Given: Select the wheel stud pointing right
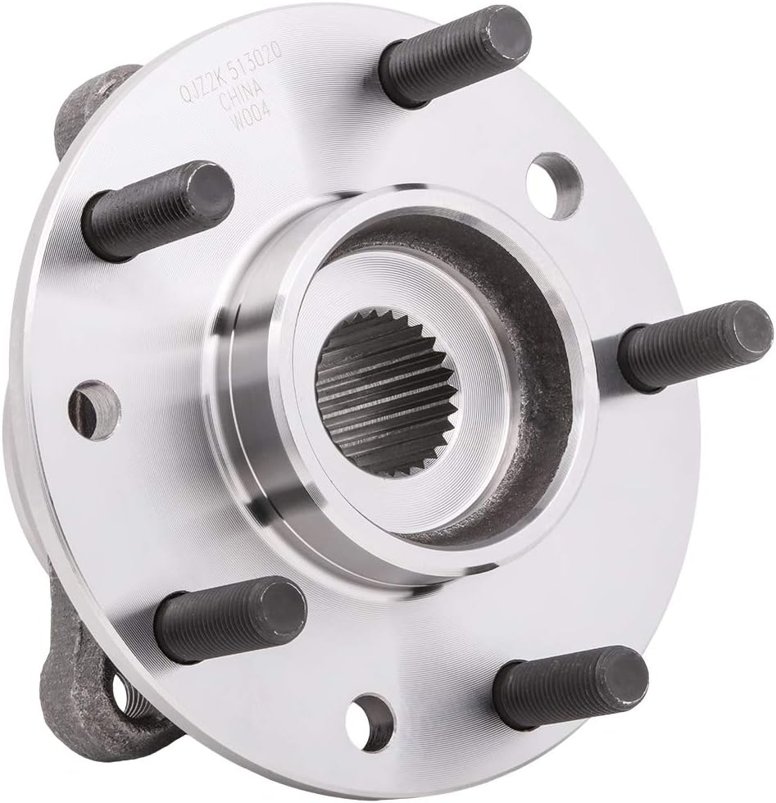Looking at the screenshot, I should (692, 345).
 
